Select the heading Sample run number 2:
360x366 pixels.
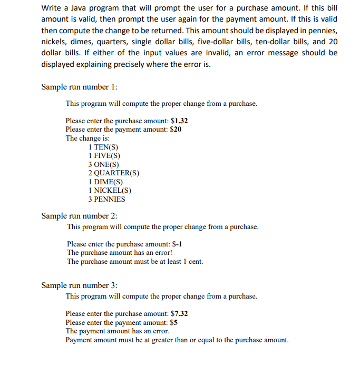(x=79, y=216)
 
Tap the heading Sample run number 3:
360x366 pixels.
(x=79, y=285)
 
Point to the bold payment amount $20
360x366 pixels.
(x=175, y=129)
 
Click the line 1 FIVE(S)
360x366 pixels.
(x=104, y=155)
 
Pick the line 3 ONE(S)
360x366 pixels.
(x=104, y=164)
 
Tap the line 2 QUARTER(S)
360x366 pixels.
(x=114, y=173)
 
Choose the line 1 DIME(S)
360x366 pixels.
(x=105, y=182)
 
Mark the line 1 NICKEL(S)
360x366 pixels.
(x=110, y=190)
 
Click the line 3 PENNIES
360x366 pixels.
(x=106, y=199)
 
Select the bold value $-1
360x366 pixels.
(x=178, y=244)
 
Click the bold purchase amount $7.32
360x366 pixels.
(x=178, y=313)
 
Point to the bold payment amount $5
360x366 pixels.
(x=173, y=322)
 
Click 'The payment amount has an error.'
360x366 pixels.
(x=118, y=331)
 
